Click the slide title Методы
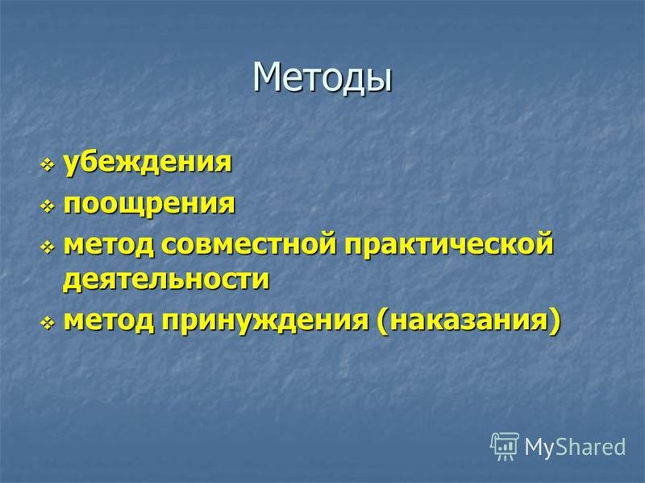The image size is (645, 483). [x=322, y=78]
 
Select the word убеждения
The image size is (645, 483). [x=148, y=163]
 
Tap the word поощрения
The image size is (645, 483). [x=149, y=204]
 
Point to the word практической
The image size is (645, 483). [x=449, y=246]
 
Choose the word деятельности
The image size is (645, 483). [x=166, y=280]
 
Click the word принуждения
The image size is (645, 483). [x=265, y=320]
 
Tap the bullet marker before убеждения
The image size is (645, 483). [x=48, y=165]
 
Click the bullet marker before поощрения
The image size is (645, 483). [x=48, y=206]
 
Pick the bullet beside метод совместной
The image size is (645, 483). [x=48, y=247]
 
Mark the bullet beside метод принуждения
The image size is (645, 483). [x=48, y=324]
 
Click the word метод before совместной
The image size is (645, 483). [x=109, y=245]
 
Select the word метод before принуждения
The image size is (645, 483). [x=109, y=320]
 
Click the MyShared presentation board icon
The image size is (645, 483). [x=505, y=446]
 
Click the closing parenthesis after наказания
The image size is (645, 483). [x=555, y=321]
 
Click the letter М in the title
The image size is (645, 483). [x=268, y=76]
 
